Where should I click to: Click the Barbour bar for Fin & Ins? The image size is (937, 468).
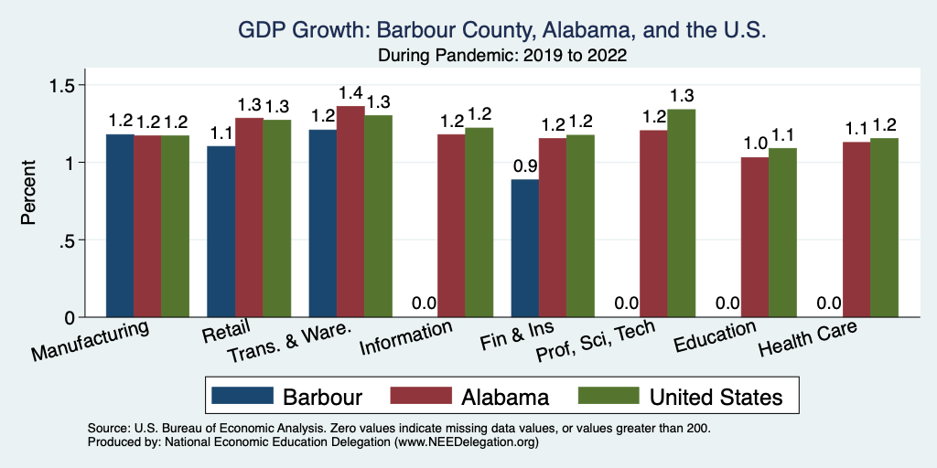coord(525,249)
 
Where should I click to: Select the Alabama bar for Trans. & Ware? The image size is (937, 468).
coord(350,212)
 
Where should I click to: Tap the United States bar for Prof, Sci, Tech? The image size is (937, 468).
coord(682,213)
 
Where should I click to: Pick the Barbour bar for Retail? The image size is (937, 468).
coord(221,232)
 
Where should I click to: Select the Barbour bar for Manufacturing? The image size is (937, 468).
coord(120,226)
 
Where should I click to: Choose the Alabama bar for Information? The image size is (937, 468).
coord(451,226)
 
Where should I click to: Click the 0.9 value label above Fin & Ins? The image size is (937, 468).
coord(525,166)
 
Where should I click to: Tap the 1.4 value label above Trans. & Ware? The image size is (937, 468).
coord(350,93)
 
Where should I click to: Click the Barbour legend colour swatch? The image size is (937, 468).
coord(242,396)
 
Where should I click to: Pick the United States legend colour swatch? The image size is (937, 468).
coord(609,396)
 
